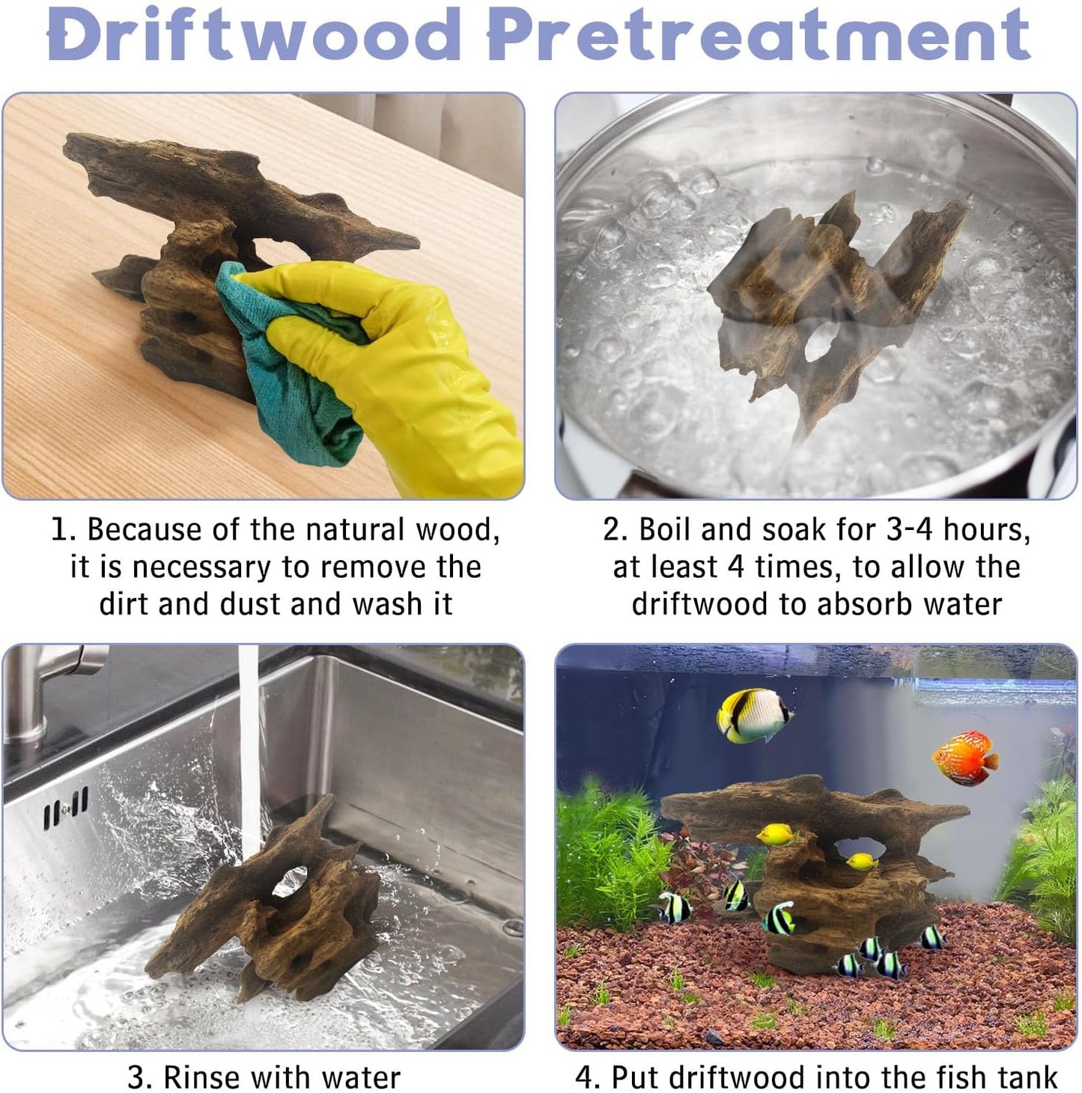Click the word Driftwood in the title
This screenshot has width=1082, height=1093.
pyautogui.click(x=254, y=34)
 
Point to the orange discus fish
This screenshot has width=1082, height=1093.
pyautogui.click(x=964, y=759)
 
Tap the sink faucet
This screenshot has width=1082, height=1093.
pyautogui.click(x=46, y=686)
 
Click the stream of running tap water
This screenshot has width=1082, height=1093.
pyautogui.click(x=249, y=749)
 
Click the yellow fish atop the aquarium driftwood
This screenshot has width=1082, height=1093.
pyautogui.click(x=776, y=835)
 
